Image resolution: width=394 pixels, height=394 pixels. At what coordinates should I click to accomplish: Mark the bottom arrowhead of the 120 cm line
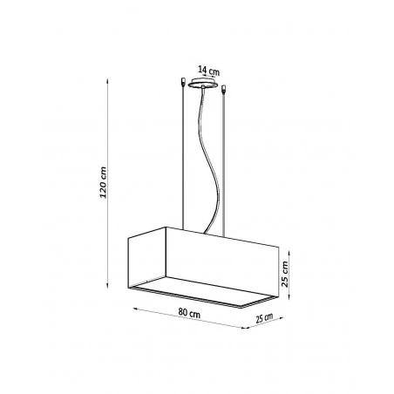[108, 293]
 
